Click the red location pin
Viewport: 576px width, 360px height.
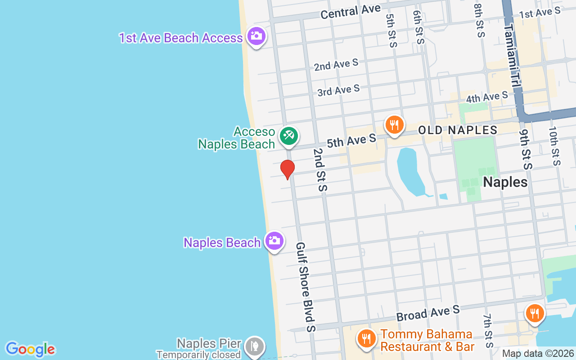(x=287, y=169)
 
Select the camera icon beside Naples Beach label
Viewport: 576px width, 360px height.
(x=274, y=241)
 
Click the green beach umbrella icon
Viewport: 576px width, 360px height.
(x=288, y=135)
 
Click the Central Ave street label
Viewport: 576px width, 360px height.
(x=351, y=12)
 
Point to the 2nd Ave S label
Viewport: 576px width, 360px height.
(x=336, y=65)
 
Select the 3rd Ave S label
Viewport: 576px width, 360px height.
(x=338, y=90)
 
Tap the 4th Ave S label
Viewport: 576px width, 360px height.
(x=487, y=97)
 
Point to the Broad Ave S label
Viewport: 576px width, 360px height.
(x=428, y=313)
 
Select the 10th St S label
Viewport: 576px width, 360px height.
(x=554, y=145)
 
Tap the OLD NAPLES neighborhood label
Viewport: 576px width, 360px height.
(x=458, y=130)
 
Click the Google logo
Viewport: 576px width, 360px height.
(x=30, y=349)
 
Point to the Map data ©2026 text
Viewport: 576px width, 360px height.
(x=538, y=354)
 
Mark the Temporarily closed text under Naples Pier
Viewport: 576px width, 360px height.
(x=198, y=355)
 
